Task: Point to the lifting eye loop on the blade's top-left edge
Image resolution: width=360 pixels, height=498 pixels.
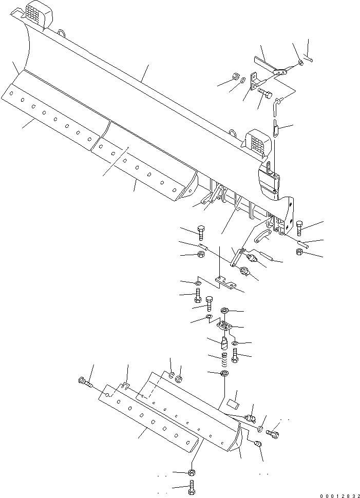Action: pos(62,34)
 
